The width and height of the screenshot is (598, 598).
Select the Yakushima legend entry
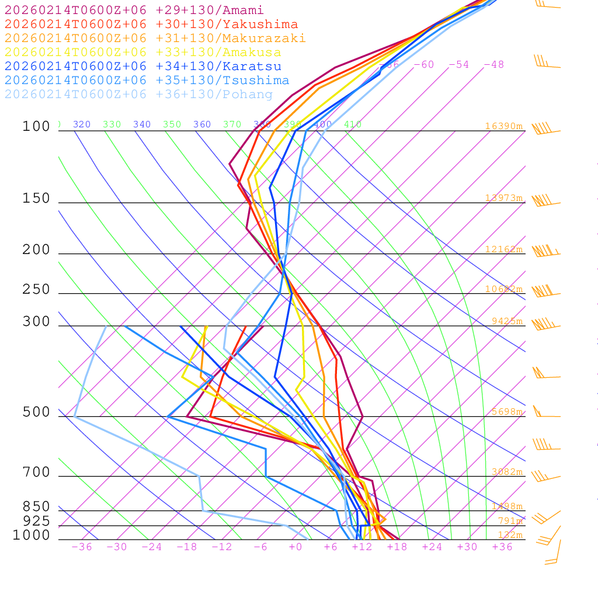coord(151,25)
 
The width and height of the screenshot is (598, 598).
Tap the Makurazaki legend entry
coord(155,39)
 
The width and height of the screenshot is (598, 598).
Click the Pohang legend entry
coord(138,95)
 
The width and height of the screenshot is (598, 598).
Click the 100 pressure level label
coord(36,127)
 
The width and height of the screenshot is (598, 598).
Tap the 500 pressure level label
coord(36,412)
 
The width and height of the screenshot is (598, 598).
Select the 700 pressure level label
coord(36,472)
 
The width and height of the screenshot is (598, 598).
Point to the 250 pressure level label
coord(36,290)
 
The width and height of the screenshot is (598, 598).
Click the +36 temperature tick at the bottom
coord(502,547)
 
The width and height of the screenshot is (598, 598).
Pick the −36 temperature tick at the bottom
coord(82,547)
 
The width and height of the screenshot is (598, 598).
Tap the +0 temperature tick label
coord(295,547)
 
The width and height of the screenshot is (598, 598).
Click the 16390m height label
coord(503,126)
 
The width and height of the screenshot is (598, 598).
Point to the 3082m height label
coord(507,472)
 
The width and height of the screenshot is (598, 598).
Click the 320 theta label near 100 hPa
coord(82,124)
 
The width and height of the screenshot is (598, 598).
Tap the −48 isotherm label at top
coord(494,64)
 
